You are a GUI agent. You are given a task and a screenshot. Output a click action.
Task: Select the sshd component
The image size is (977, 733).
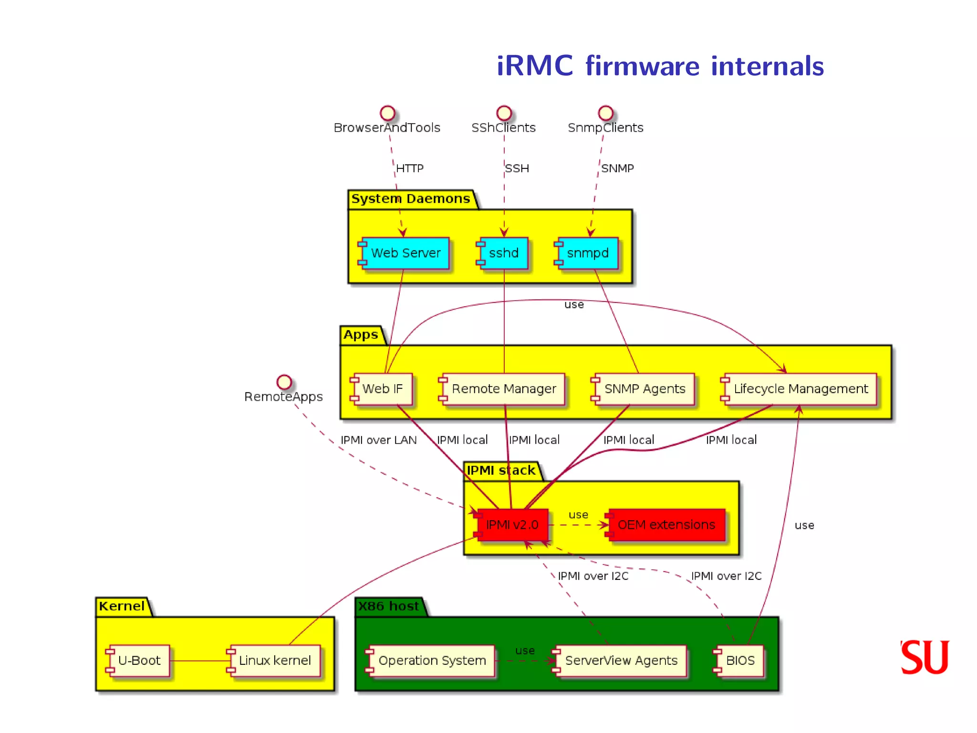503,253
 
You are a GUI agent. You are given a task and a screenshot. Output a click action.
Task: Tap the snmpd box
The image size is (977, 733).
587,253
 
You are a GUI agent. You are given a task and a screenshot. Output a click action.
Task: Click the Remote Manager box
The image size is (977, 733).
503,389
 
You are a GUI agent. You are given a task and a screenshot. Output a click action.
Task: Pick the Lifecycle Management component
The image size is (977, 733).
800,389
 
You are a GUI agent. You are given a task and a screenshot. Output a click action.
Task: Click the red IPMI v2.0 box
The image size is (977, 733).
512,525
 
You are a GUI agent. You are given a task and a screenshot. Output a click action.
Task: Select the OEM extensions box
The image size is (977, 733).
666,525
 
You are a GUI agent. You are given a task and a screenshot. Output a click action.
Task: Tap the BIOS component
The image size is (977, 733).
739,660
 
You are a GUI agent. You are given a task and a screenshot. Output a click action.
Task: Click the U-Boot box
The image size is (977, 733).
139,660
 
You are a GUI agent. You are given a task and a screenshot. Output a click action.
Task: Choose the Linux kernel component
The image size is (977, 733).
274,660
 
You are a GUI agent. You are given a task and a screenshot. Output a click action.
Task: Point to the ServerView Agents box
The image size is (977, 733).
621,660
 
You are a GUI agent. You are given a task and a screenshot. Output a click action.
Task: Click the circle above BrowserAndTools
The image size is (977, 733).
387,113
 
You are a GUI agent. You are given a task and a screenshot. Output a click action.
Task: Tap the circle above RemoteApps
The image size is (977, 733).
284,382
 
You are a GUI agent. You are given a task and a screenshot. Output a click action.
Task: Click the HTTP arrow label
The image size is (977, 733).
410,168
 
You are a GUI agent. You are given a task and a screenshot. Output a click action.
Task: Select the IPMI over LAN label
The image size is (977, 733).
378,440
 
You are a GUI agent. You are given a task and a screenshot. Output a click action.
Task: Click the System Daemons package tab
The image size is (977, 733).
411,199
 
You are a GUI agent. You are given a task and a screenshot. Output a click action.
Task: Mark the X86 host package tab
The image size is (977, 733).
389,607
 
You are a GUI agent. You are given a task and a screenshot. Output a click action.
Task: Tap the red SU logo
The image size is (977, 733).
925,657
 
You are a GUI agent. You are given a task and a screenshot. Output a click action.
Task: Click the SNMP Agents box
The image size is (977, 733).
644,389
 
